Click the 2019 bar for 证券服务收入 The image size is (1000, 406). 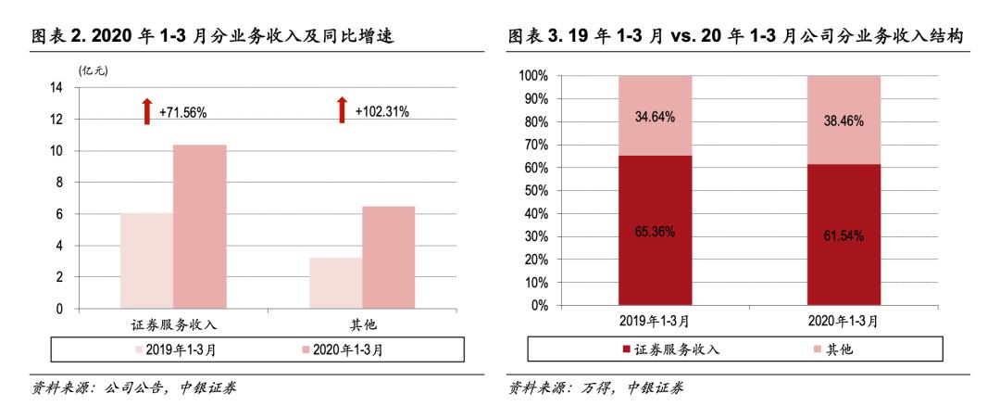coord(145,260)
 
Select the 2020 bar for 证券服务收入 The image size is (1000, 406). coord(199,226)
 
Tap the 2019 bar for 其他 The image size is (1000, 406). coord(335,283)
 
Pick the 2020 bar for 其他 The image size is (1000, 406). coord(388,257)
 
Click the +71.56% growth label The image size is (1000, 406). coord(182,112)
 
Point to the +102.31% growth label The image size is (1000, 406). coord(381,112)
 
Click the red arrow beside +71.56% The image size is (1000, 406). coord(145,110)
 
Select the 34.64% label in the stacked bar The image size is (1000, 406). coord(655,117)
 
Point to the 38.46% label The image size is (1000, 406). coord(844,121)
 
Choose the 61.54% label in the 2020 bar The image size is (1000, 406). coord(844,235)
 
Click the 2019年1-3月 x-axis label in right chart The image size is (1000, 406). coord(655,321)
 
